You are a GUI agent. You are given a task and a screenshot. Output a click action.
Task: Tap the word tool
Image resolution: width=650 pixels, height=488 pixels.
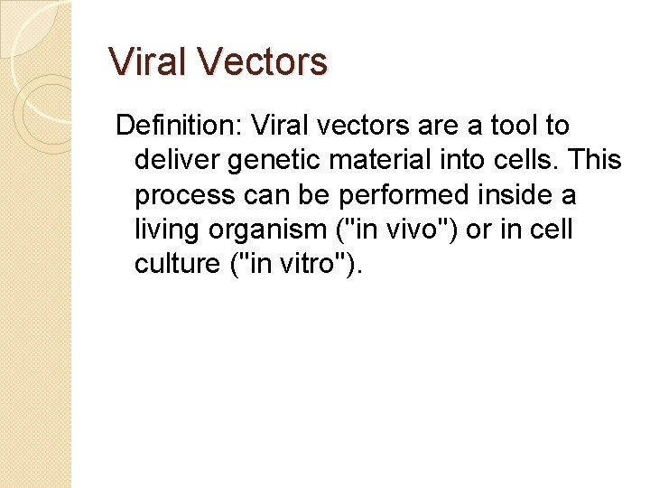tap(511, 126)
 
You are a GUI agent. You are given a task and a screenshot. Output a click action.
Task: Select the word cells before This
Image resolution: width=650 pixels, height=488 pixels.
tap(525, 161)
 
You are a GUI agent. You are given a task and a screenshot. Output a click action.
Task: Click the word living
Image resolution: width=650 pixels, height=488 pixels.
tap(167, 230)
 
